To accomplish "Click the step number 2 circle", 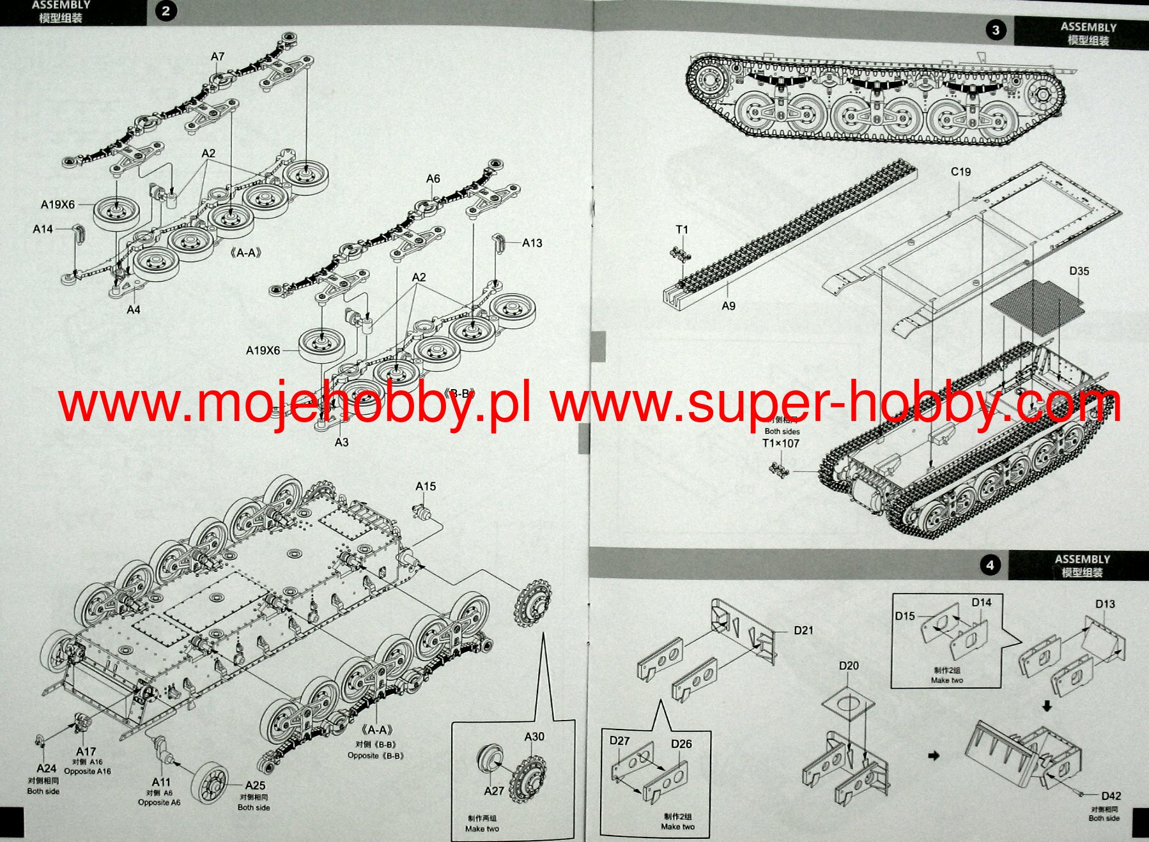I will coord(166,11).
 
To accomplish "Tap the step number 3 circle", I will coord(995,30).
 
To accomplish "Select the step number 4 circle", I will coord(990,565).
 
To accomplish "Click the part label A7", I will coord(218,56).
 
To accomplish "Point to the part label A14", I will coord(43,229).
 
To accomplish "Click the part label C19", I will coord(960,172).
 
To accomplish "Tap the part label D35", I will coord(1079,271).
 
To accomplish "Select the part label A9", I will coord(729,306).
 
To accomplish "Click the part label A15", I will coord(426,486).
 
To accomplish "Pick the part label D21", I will coord(803,631).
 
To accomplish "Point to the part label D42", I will coord(1111,796).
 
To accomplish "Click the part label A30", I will coord(534,737).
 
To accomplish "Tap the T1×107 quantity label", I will coord(781,443).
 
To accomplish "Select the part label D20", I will coord(849,666).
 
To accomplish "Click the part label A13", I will coord(532,243).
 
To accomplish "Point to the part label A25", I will coord(255,785).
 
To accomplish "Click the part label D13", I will coord(1105,604).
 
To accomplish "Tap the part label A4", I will coord(133,310).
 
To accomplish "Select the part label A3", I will coord(342,442).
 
